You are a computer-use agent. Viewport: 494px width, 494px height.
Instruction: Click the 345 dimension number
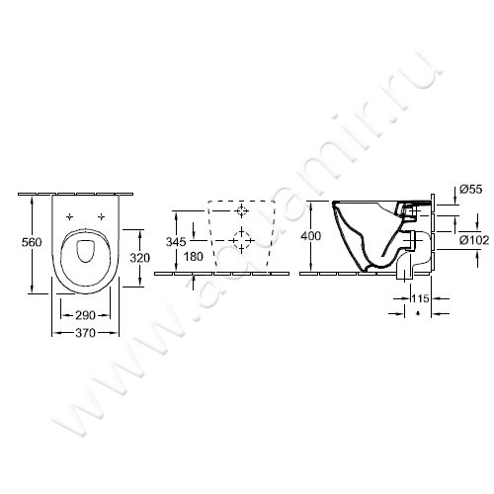click(176, 242)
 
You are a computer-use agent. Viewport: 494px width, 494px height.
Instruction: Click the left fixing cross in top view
click(69, 215)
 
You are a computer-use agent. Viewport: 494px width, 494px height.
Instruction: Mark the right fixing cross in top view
click(100, 215)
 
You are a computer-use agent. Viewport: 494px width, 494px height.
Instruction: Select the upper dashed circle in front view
click(242, 211)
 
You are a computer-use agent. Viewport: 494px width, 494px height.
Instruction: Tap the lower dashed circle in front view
click(239, 238)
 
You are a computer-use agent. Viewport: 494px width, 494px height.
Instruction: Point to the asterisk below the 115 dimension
click(419, 315)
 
